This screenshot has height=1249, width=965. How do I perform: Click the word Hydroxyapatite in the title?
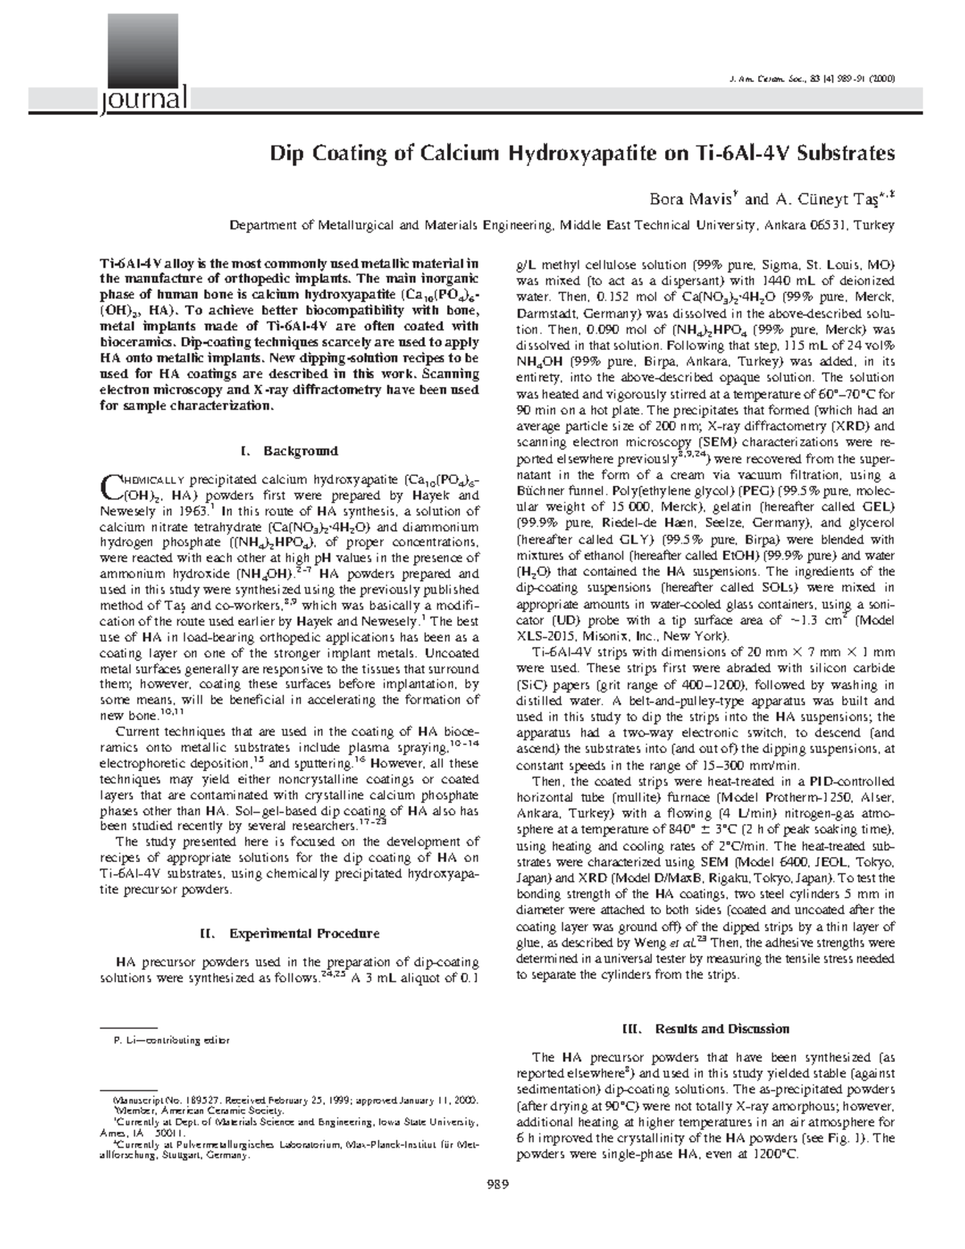[x=546, y=153]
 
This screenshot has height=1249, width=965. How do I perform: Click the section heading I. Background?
[x=289, y=450]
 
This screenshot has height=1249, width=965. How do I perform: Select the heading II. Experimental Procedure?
[x=289, y=934]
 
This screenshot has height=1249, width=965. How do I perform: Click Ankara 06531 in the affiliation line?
[x=804, y=226]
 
